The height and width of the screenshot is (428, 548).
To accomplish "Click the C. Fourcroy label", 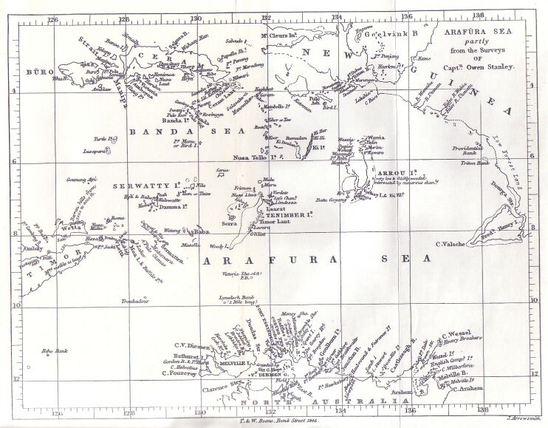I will pos(179,373).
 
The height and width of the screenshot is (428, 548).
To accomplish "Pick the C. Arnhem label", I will pos(467,388).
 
